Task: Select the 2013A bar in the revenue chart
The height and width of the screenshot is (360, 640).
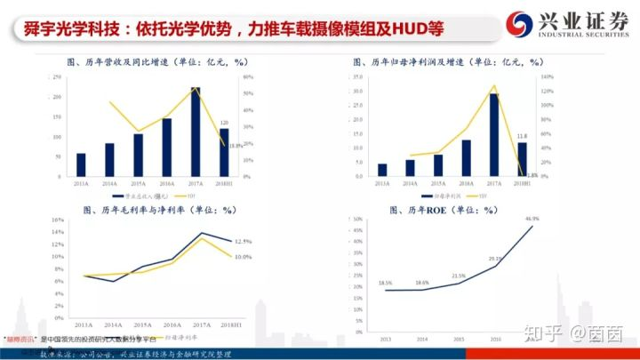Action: coord(81,164)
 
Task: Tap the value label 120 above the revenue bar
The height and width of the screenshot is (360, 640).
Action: coord(224,122)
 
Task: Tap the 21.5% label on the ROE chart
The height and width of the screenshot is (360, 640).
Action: coord(458,276)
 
